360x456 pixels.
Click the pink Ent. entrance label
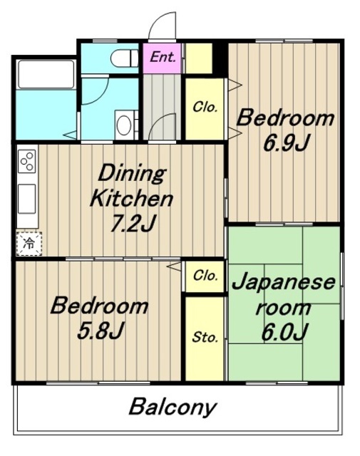[x=163, y=57]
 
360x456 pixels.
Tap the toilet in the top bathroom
[x=129, y=56]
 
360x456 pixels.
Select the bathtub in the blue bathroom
[x=45, y=73]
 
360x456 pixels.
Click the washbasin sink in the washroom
[x=124, y=125]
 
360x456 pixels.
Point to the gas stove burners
[x=28, y=161]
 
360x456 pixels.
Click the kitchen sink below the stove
[x=27, y=196]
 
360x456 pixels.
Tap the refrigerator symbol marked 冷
[x=29, y=244]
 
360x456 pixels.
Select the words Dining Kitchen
[x=130, y=184]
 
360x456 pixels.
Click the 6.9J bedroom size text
[x=284, y=142]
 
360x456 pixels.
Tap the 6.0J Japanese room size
[x=284, y=332]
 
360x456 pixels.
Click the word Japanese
[x=283, y=282]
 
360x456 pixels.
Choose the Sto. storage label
[x=205, y=337]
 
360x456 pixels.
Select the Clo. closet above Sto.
[x=205, y=276]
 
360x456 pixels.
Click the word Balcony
[x=173, y=408]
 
